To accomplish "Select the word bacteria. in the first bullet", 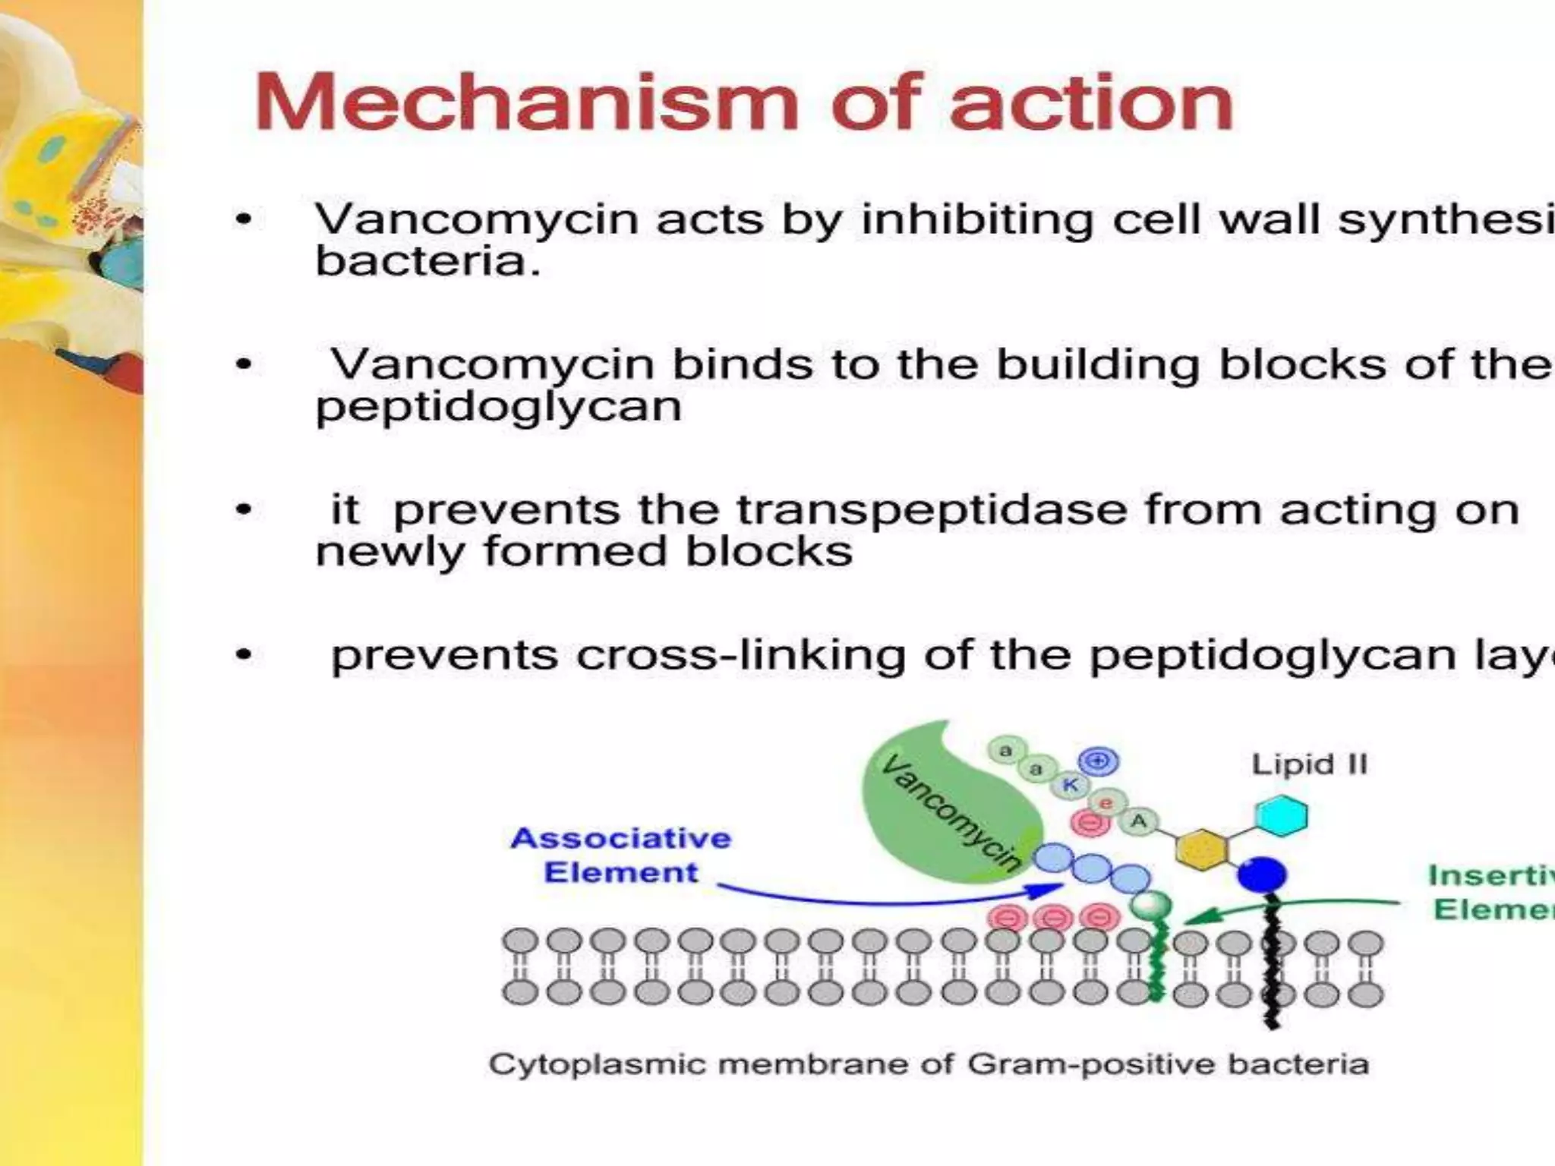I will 427,263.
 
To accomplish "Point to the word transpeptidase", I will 932,509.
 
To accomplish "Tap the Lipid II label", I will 1309,764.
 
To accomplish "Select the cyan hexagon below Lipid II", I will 1282,816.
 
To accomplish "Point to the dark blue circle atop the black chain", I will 1262,875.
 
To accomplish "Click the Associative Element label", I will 621,856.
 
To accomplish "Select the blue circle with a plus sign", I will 1099,761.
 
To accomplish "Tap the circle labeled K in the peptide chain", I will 1070,786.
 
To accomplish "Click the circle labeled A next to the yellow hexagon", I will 1138,821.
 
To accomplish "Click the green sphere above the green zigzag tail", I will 1151,906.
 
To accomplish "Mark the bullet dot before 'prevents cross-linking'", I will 244,655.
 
